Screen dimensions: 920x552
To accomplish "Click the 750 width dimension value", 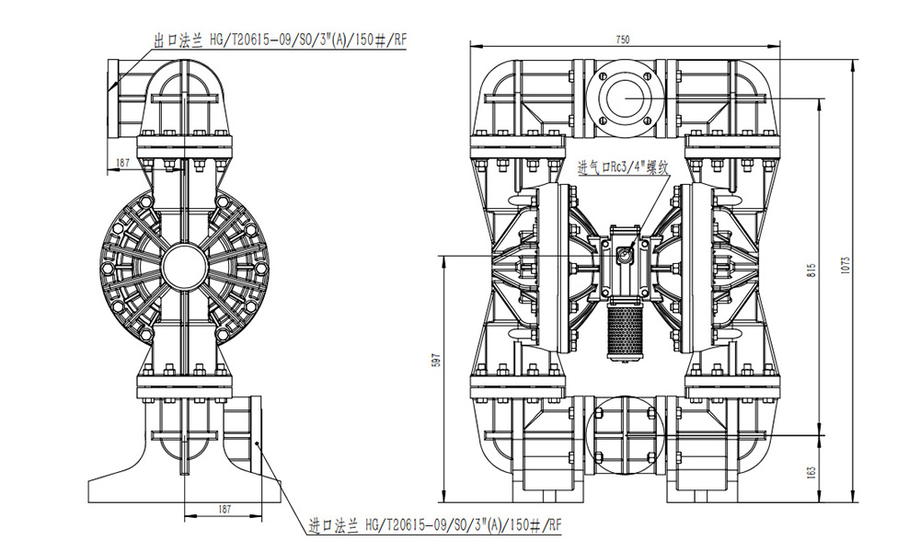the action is (623, 40).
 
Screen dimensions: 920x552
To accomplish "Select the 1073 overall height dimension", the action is (845, 265).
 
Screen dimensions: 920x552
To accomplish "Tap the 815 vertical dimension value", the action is (812, 270).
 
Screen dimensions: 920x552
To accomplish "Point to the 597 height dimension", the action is (435, 360).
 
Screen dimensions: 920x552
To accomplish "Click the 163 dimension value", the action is (812, 473).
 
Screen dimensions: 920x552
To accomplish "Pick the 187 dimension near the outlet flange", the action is (122, 163).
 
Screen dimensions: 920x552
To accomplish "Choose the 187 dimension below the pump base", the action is (224, 509).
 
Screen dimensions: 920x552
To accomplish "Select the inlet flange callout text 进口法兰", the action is (333, 525).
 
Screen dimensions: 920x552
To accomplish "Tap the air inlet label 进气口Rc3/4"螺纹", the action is (623, 167).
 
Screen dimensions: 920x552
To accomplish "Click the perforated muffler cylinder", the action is (623, 334).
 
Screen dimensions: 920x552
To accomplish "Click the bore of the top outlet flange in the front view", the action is (627, 98).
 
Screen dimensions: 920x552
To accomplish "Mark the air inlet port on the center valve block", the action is (625, 255).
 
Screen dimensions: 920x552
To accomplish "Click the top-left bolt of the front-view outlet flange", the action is (602, 75).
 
